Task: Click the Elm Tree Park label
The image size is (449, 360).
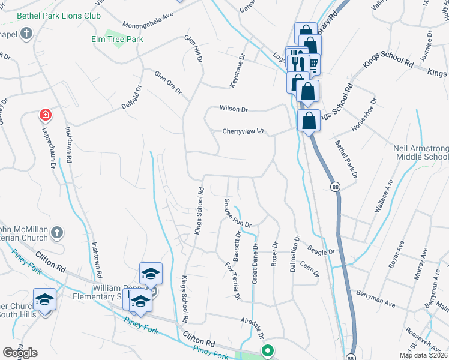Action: point(117,40)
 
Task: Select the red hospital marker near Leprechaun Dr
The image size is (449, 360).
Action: point(44,114)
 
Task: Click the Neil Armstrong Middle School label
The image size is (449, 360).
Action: point(420,152)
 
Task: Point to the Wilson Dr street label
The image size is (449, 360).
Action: point(234,109)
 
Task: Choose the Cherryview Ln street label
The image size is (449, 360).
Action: point(243,131)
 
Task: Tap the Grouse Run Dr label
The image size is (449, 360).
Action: point(237,213)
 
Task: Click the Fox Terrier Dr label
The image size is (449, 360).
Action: point(232,280)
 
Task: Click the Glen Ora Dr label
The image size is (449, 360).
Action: point(167,83)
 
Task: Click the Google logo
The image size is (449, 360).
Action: point(20,352)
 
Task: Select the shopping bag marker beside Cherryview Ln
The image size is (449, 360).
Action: point(309,121)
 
